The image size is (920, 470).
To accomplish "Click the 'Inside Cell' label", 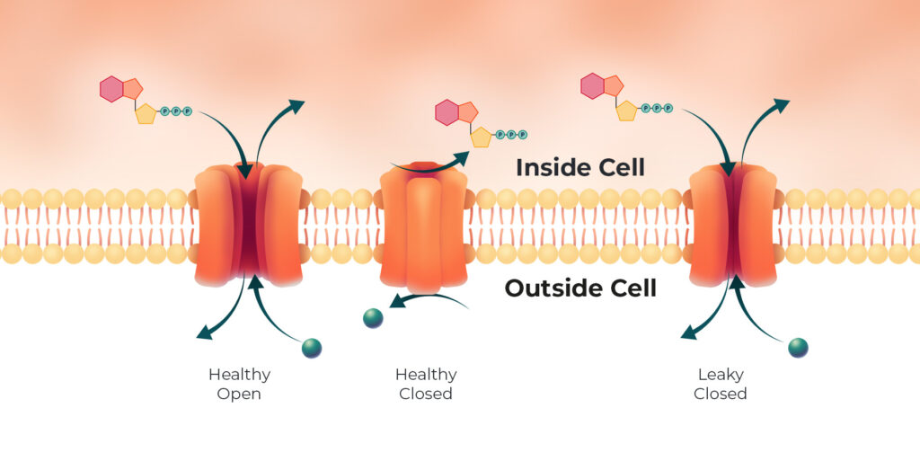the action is tap(580, 168).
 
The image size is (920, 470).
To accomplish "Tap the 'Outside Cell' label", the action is tap(580, 288).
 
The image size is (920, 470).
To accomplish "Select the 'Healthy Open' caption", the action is tap(239, 384).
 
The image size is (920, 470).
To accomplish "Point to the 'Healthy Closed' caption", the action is tap(426, 384).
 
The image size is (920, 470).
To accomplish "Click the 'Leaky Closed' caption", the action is tap(721, 384).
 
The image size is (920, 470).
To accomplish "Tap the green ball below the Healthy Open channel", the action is tap(312, 348).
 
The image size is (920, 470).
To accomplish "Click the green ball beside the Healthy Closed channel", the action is tap(373, 318).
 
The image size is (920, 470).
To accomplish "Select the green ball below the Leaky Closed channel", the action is tap(798, 348).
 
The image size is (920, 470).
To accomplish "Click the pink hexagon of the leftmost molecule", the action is tap(111, 89).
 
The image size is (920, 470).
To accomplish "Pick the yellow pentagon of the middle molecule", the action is tap(482, 137).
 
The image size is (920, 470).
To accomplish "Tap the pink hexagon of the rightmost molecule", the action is tap(593, 85).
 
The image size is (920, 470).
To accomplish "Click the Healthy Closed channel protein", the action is tap(424, 227).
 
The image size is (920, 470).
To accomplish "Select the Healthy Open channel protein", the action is tap(248, 225).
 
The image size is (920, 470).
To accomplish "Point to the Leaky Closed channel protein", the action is tap(733, 226).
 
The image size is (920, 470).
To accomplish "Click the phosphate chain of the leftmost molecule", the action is tap(176, 111).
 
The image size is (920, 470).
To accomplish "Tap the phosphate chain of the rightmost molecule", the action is tap(657, 108).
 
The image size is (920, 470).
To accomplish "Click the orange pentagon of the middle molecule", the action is tap(468, 112).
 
